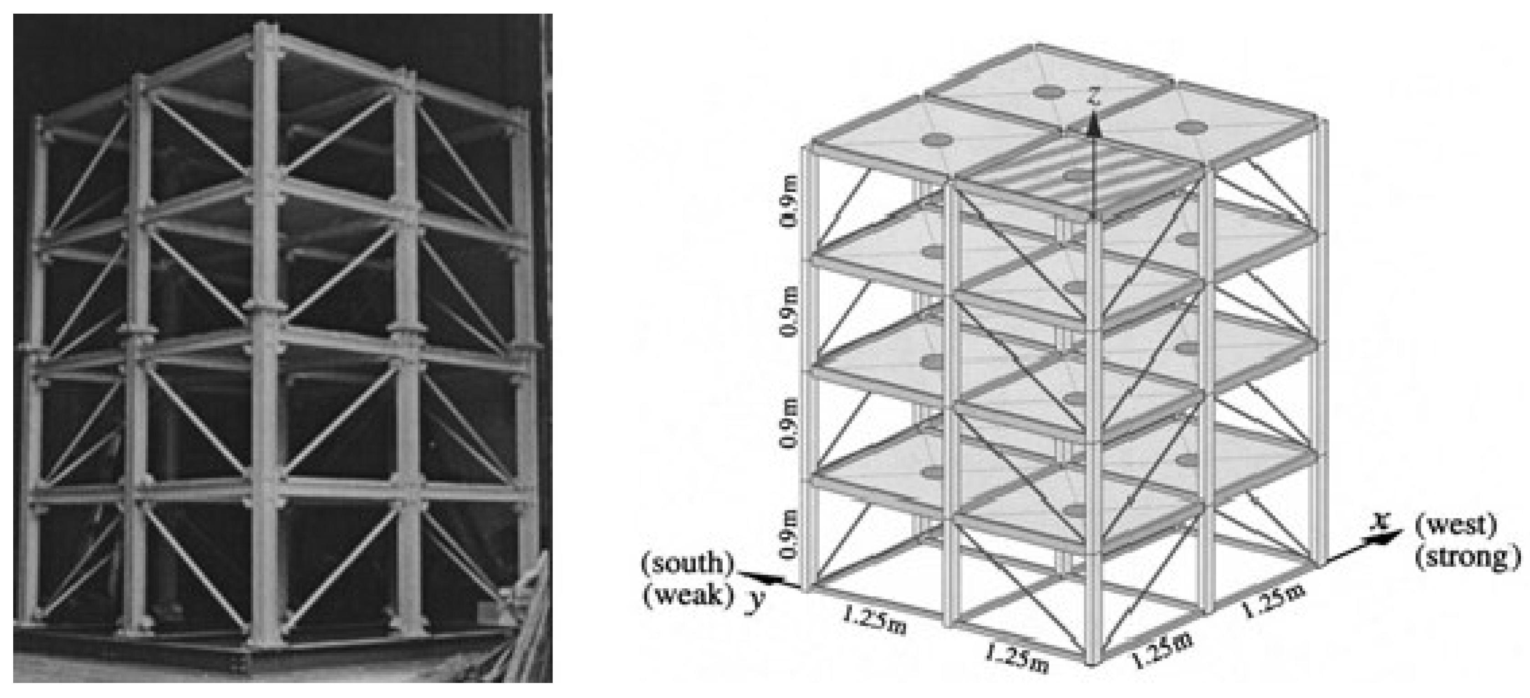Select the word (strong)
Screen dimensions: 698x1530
(x=1467, y=556)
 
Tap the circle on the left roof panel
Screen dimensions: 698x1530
(x=937, y=140)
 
